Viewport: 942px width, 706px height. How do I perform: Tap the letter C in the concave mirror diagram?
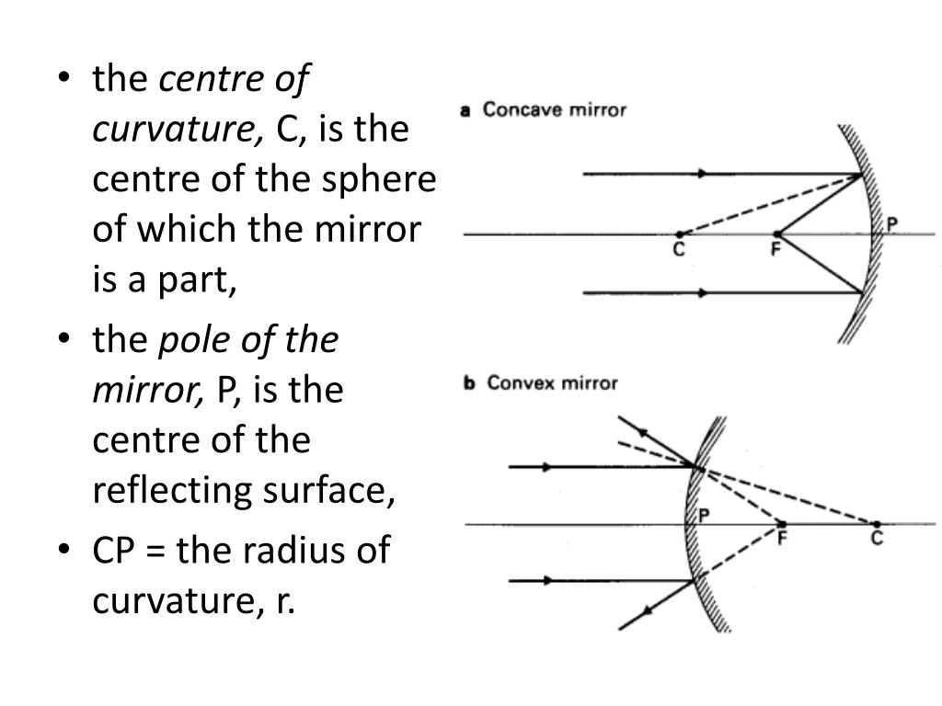click(x=679, y=250)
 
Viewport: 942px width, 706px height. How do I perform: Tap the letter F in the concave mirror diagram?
click(x=775, y=250)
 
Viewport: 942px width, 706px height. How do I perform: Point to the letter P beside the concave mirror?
click(x=890, y=223)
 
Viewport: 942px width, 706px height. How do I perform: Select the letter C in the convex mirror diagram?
click(x=877, y=539)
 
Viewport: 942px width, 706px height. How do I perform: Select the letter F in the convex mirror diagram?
click(x=782, y=539)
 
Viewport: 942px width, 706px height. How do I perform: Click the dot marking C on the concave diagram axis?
click(x=679, y=234)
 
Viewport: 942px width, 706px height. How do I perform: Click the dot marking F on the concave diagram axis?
click(x=777, y=234)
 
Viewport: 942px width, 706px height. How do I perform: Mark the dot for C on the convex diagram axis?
click(x=877, y=524)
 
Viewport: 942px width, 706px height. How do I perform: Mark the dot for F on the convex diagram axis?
click(x=781, y=524)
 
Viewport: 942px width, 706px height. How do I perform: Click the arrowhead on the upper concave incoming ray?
click(x=704, y=174)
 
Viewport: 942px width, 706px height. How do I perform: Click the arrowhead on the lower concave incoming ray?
click(x=704, y=293)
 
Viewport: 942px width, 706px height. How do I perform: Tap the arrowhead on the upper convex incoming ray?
click(x=547, y=467)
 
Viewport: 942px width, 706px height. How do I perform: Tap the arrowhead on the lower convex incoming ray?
click(x=547, y=581)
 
